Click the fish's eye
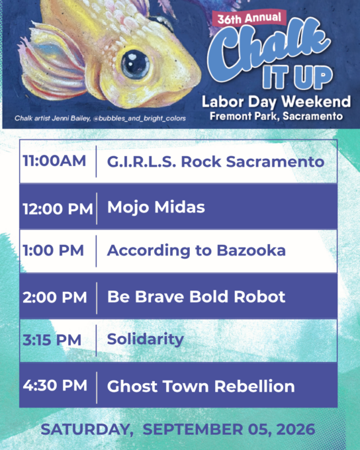click(x=134, y=64)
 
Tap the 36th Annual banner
click(x=249, y=18)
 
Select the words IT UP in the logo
click(x=297, y=77)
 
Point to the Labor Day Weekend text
click(x=276, y=102)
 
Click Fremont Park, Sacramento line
click(x=276, y=116)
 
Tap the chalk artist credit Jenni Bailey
click(x=100, y=118)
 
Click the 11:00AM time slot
click(x=54, y=161)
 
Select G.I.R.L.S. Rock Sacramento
click(x=216, y=161)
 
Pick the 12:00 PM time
click(x=58, y=208)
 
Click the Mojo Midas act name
click(x=156, y=207)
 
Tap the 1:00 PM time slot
click(x=53, y=250)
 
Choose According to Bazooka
click(x=197, y=251)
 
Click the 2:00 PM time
click(x=54, y=297)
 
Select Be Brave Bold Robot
click(x=196, y=296)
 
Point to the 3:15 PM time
click(x=52, y=340)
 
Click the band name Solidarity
click(x=146, y=339)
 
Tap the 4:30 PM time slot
click(x=55, y=385)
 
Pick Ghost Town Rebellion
click(x=201, y=386)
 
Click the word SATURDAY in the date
click(x=85, y=429)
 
